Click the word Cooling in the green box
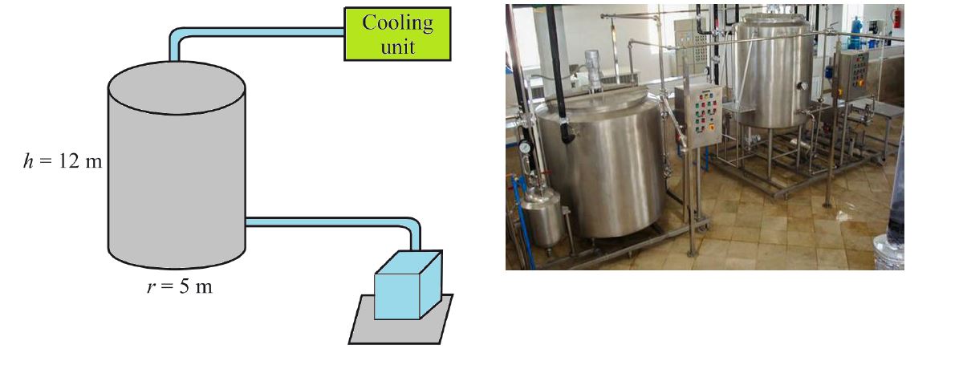pos(397,23)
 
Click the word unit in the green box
pos(398,47)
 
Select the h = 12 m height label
pos(63,161)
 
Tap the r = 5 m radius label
pos(180,286)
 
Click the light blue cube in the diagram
pos(408,285)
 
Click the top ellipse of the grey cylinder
pos(177,87)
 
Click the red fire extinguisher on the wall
pos(897,18)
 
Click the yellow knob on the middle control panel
pos(711,127)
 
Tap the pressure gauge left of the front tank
pos(525,147)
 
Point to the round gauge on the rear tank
pos(802,86)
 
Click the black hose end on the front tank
pos(567,133)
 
